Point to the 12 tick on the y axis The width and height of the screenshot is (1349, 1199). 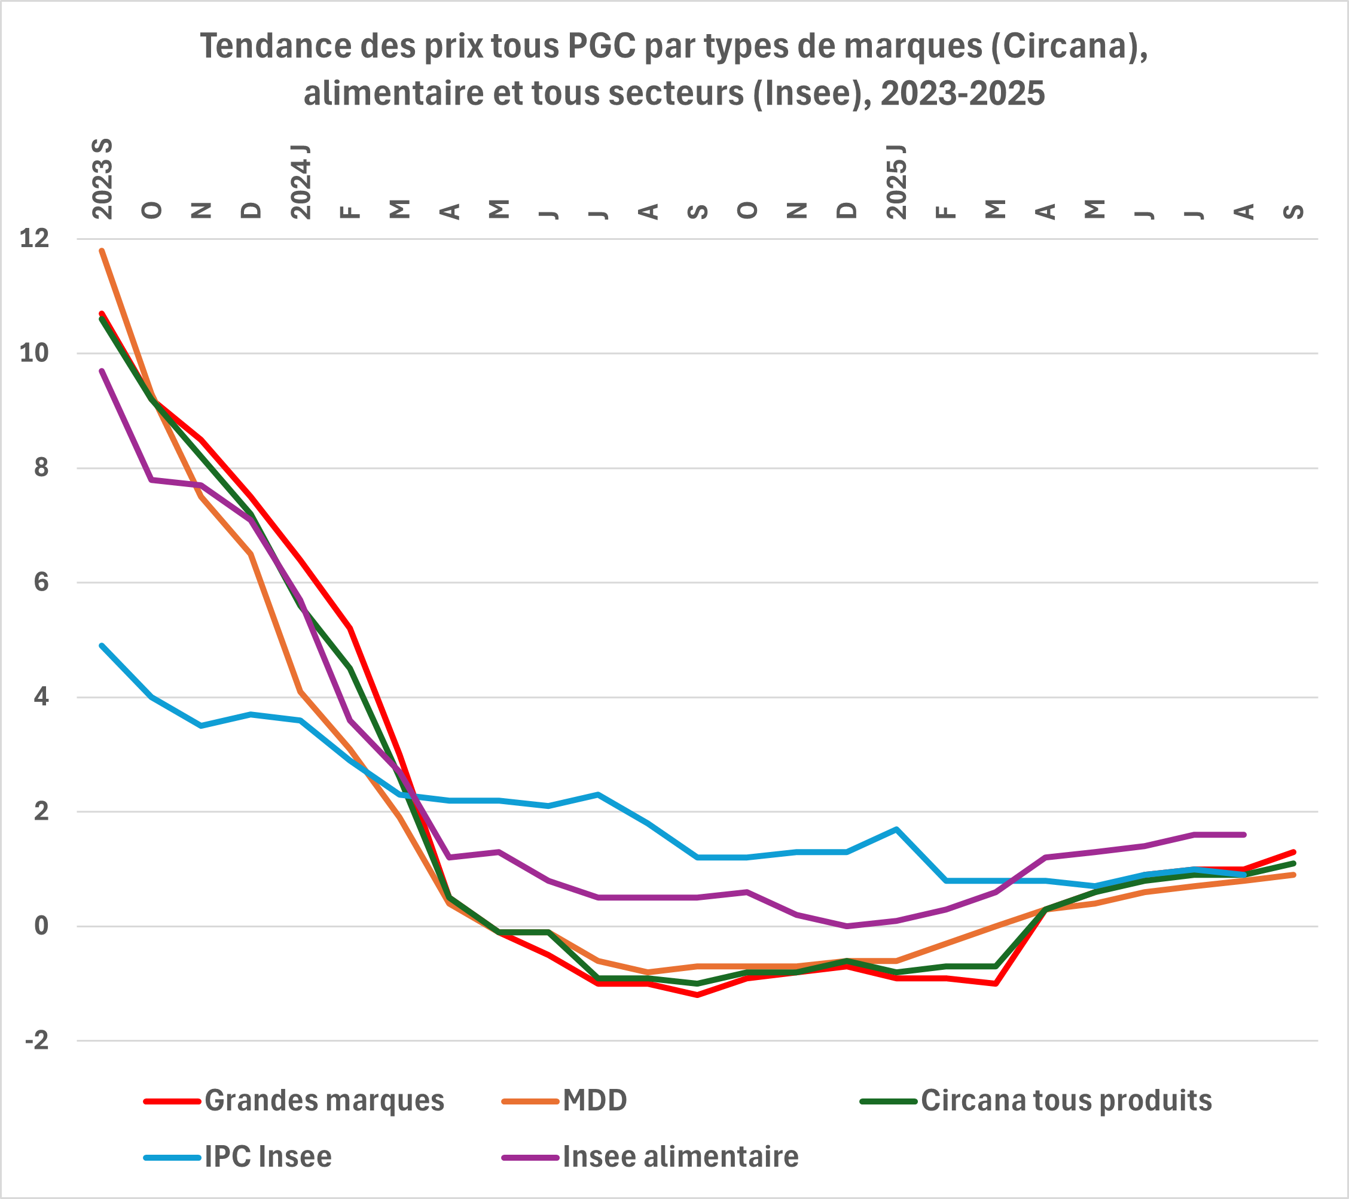(34, 239)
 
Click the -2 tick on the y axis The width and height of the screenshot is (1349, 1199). (37, 1041)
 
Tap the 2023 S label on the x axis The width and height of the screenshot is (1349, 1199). (102, 179)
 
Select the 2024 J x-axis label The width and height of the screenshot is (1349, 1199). (301, 181)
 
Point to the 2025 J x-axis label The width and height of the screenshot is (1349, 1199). (896, 181)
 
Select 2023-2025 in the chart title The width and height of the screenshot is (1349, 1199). (962, 94)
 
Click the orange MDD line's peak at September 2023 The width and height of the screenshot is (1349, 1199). (102, 250)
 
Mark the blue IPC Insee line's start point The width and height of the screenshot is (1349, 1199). (102, 645)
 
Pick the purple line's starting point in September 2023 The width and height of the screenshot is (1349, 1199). (102, 370)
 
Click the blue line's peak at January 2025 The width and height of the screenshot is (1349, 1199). (896, 829)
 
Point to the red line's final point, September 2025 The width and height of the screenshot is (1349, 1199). (1293, 852)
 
